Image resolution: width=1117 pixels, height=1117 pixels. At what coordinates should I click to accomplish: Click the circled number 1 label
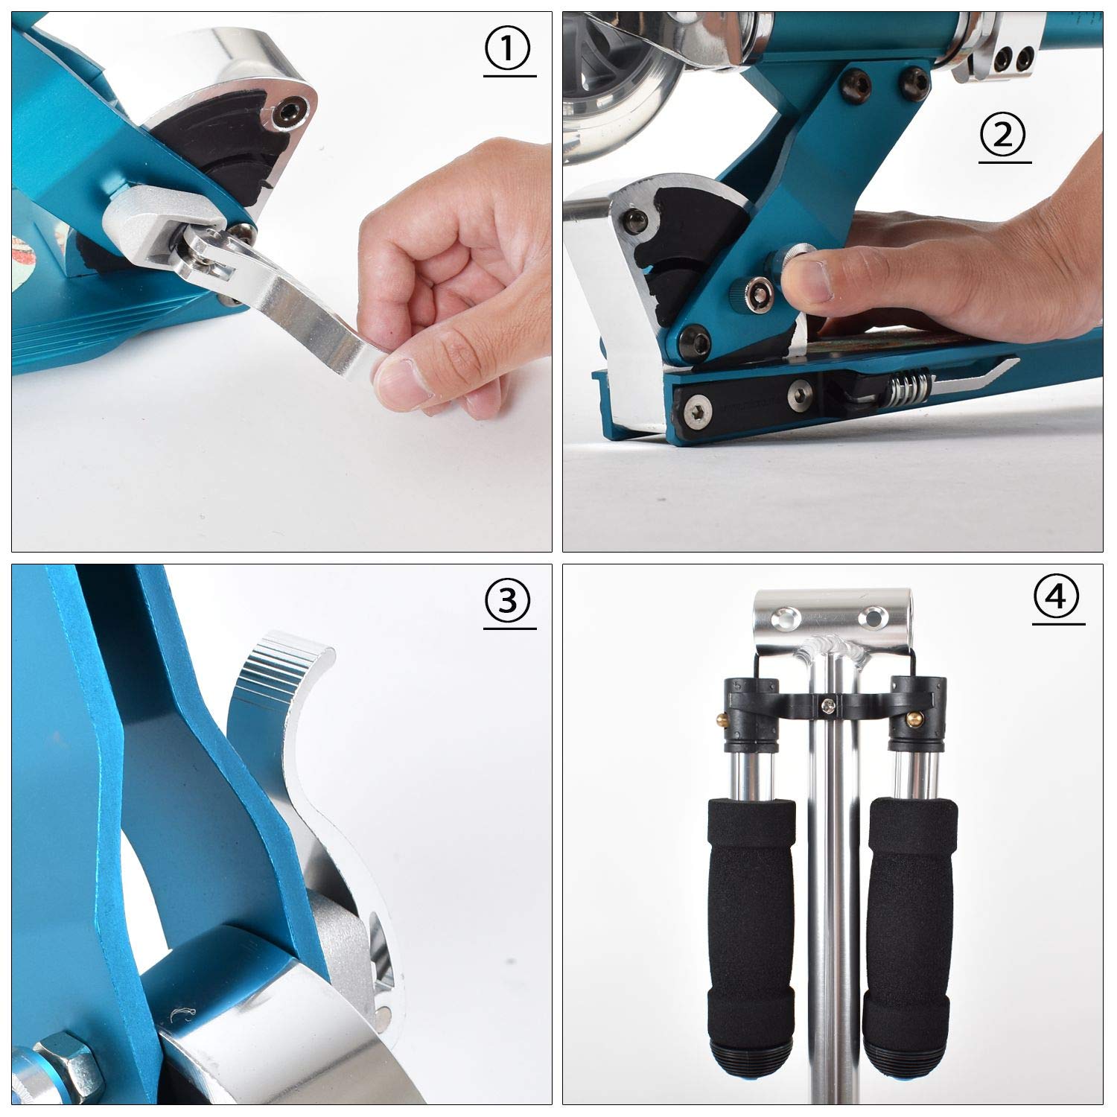pos(509,50)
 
